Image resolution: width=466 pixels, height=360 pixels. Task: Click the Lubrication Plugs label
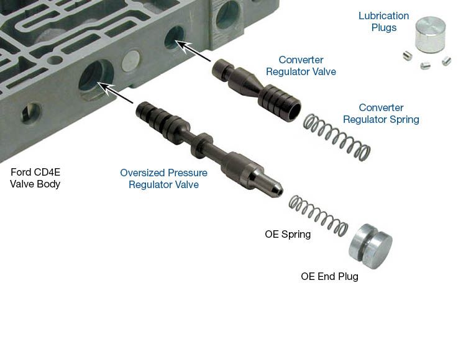(383, 22)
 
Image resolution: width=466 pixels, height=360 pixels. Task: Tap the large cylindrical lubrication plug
(430, 34)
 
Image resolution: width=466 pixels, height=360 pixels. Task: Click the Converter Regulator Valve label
(301, 66)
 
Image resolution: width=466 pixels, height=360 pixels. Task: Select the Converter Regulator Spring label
(381, 114)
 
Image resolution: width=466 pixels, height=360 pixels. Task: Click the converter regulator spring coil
(337, 137)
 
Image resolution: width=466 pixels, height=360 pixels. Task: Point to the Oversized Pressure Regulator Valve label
(163, 179)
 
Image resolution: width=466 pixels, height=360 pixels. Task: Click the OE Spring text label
(288, 234)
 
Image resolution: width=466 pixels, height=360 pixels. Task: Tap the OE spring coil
(318, 216)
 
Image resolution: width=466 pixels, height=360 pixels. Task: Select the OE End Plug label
(329, 276)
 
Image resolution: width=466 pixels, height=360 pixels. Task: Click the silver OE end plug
(370, 246)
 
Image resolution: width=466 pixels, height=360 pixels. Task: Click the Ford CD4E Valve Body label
(35, 178)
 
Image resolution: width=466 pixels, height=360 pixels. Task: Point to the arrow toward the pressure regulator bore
(116, 93)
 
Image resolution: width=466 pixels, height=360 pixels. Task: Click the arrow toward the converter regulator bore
(193, 51)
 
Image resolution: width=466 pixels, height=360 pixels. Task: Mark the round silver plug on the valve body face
(130, 61)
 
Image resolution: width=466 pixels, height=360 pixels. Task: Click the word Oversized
(143, 173)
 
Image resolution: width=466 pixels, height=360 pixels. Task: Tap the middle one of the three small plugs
(425, 65)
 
